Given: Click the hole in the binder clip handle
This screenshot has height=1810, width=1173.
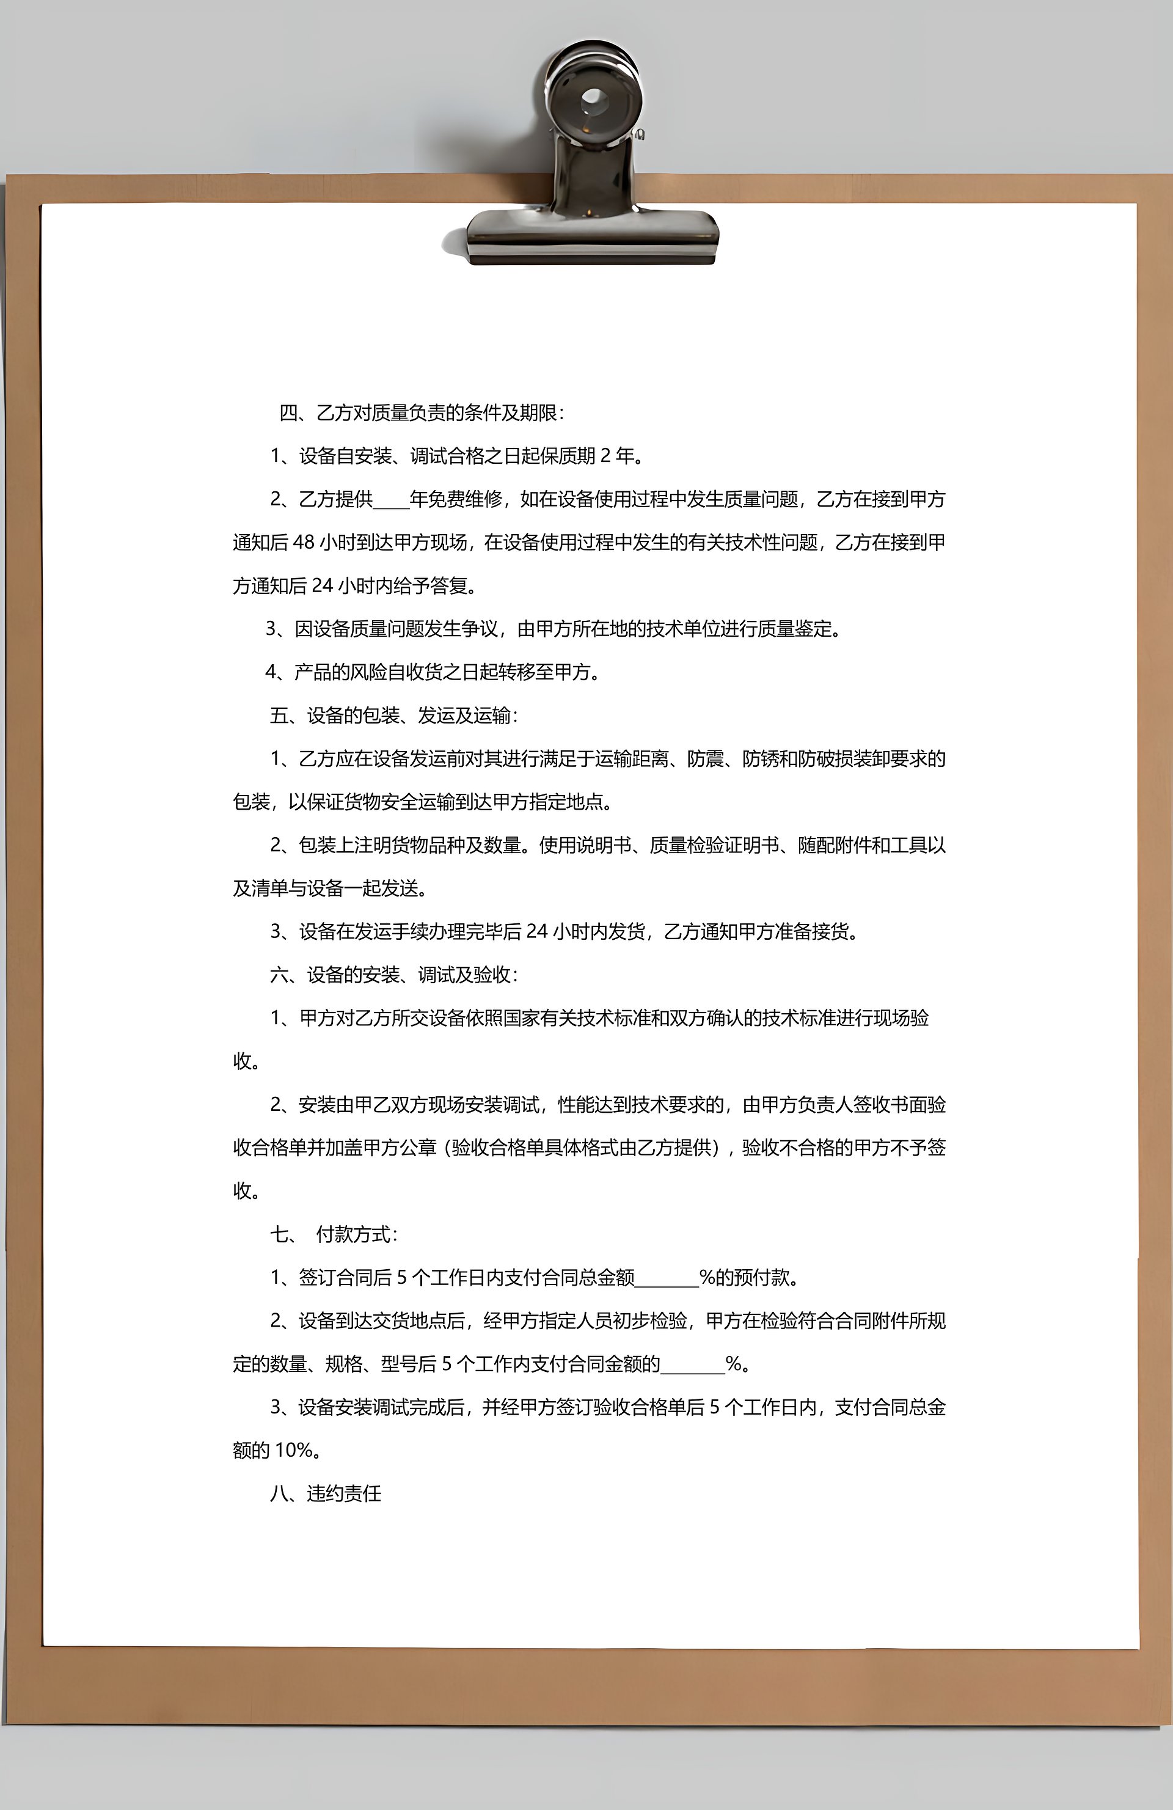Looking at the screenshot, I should click(593, 99).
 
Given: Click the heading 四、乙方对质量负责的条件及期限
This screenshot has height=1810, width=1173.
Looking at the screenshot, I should click(422, 413).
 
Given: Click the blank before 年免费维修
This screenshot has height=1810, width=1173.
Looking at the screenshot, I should click(392, 500).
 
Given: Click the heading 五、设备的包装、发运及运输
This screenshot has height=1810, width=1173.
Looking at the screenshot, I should click(394, 716).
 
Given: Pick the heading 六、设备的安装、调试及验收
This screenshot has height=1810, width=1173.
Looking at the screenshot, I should click(394, 975).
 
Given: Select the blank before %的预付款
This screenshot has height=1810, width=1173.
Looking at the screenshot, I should click(667, 1278).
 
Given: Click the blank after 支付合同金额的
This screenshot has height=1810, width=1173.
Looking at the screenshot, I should click(693, 1365).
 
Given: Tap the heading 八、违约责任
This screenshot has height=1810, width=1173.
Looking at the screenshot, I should click(326, 1493).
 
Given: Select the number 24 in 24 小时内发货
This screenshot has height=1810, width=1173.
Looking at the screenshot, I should click(536, 932).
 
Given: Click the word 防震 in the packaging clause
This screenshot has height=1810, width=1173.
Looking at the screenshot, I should click(706, 759).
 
